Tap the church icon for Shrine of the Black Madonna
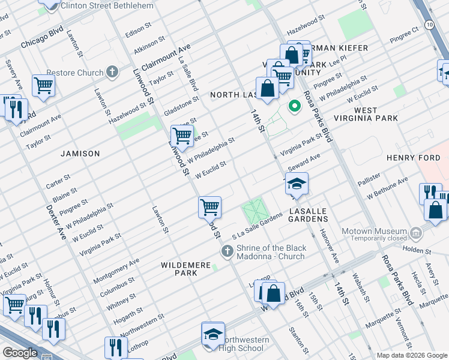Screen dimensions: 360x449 tap(227, 251)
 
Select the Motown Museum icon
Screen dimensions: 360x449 tap(415, 232)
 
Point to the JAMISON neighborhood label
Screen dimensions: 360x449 tap(80, 154)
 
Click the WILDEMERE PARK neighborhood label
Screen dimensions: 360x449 tap(179, 268)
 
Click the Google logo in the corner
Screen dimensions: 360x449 tap(20, 352)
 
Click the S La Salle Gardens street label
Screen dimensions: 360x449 tap(257, 228)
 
